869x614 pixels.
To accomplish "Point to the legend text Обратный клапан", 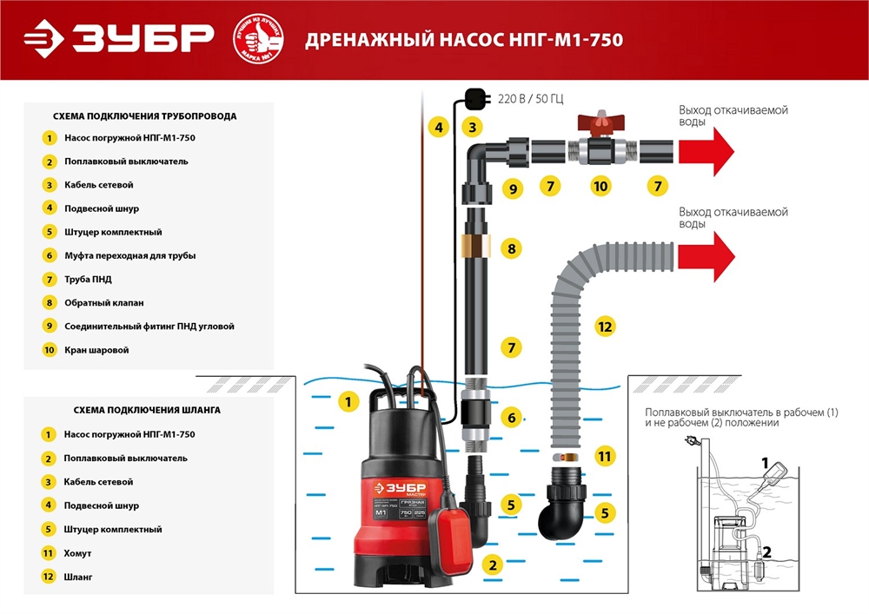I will coord(104,303).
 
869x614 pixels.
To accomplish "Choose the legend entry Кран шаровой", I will coord(96,350).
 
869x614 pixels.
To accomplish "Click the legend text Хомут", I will coord(77,552).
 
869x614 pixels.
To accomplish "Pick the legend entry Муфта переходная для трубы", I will coord(129,255).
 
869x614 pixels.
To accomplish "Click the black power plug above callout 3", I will coord(474,97).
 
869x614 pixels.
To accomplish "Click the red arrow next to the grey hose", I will coord(706,258).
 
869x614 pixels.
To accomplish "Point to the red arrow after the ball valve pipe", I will coord(706,150).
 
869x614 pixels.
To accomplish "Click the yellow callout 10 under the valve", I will coord(600,186).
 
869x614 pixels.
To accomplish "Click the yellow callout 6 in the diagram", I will coord(512,418).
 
